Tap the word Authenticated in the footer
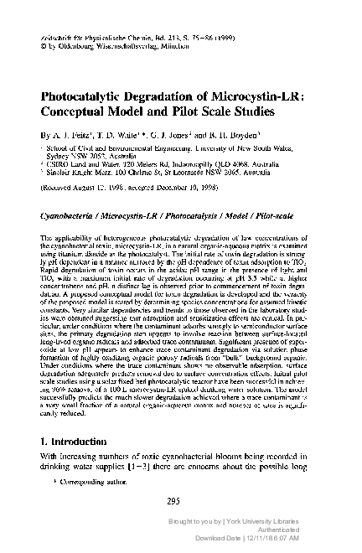point(318,540)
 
